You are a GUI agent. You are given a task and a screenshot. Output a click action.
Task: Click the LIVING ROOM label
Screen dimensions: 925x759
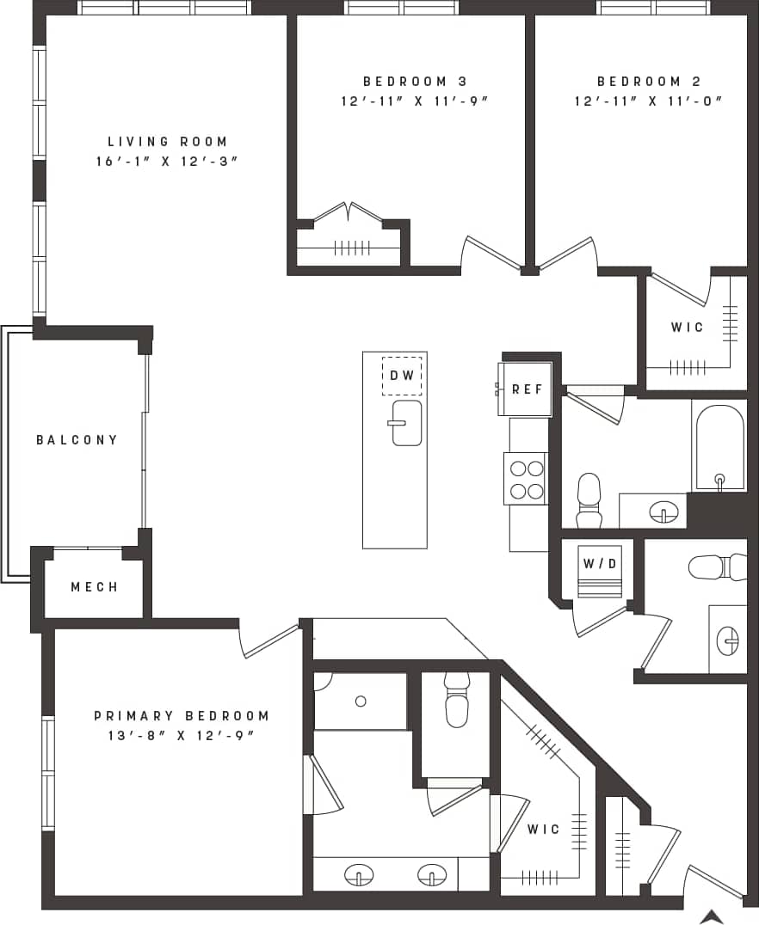167,142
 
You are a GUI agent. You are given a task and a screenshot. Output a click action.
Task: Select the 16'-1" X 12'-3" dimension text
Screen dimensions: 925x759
167,162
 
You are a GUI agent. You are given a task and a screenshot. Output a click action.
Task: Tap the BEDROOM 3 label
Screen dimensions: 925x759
415,82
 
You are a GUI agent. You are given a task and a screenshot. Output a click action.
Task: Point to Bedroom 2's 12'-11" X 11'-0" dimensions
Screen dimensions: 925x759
648,101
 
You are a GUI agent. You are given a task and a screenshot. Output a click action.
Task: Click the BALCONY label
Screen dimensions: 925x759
77,440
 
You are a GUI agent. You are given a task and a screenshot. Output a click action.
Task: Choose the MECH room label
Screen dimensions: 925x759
94,587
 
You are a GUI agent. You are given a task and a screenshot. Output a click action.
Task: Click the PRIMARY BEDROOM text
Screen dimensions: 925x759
181,715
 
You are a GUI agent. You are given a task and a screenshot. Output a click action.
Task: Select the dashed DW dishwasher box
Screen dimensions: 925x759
402,376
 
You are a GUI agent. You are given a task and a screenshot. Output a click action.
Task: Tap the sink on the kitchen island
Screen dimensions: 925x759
406,423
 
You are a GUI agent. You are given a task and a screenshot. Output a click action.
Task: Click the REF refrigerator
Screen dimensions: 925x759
527,389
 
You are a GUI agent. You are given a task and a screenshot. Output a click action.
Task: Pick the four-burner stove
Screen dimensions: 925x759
526,480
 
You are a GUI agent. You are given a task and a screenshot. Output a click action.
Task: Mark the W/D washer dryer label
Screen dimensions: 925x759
599,565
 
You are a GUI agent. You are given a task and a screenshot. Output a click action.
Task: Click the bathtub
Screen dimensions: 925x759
719,447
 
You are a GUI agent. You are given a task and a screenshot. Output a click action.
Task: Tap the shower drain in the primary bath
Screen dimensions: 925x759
361,701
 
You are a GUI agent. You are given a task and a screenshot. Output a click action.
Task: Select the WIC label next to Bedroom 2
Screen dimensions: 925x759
687,328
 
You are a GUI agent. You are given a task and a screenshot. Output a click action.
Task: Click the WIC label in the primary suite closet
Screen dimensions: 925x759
543,830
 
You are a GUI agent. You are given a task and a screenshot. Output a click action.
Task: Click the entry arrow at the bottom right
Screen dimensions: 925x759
711,916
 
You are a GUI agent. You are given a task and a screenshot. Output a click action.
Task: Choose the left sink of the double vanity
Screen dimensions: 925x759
358,875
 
